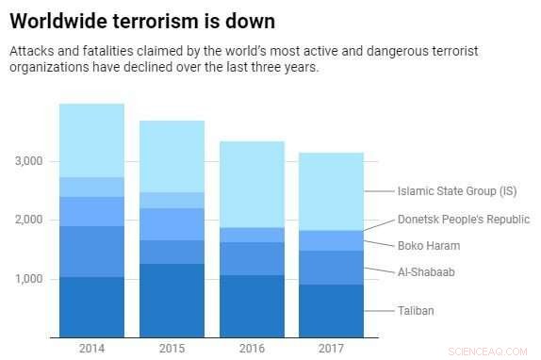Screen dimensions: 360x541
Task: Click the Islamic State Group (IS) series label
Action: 457,191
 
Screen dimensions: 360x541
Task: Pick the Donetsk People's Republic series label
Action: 464,220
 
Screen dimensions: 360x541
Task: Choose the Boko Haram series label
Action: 429,245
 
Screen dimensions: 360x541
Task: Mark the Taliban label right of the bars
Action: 415,309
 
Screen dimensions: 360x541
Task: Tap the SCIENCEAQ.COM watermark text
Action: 497,349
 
